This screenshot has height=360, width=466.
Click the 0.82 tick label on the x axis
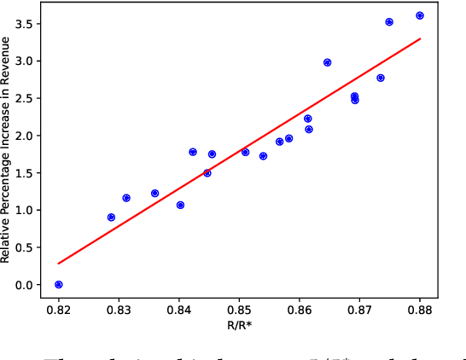(59, 310)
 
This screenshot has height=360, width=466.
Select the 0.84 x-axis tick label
(179, 310)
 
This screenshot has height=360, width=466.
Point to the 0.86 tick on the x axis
(300, 310)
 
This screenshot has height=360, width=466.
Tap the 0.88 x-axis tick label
(420, 310)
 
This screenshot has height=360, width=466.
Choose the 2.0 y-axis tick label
(24, 136)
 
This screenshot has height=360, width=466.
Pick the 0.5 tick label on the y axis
(24, 247)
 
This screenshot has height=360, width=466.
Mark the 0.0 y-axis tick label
(24, 285)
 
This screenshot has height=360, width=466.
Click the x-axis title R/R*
(239, 326)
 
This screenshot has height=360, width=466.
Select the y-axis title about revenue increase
(8, 149)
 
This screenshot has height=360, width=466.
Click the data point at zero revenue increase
(59, 285)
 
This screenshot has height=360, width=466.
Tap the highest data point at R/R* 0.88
(420, 15)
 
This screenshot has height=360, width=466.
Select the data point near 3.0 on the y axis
(328, 62)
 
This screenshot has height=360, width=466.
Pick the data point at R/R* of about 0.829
(112, 218)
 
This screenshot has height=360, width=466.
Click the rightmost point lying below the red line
(381, 78)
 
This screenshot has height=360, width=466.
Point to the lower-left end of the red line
(59, 264)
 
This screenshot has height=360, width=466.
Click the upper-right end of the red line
(420, 38)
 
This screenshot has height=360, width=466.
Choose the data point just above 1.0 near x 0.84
(180, 205)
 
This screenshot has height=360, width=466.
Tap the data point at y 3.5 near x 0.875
(389, 22)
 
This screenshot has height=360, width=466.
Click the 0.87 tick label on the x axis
(359, 310)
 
